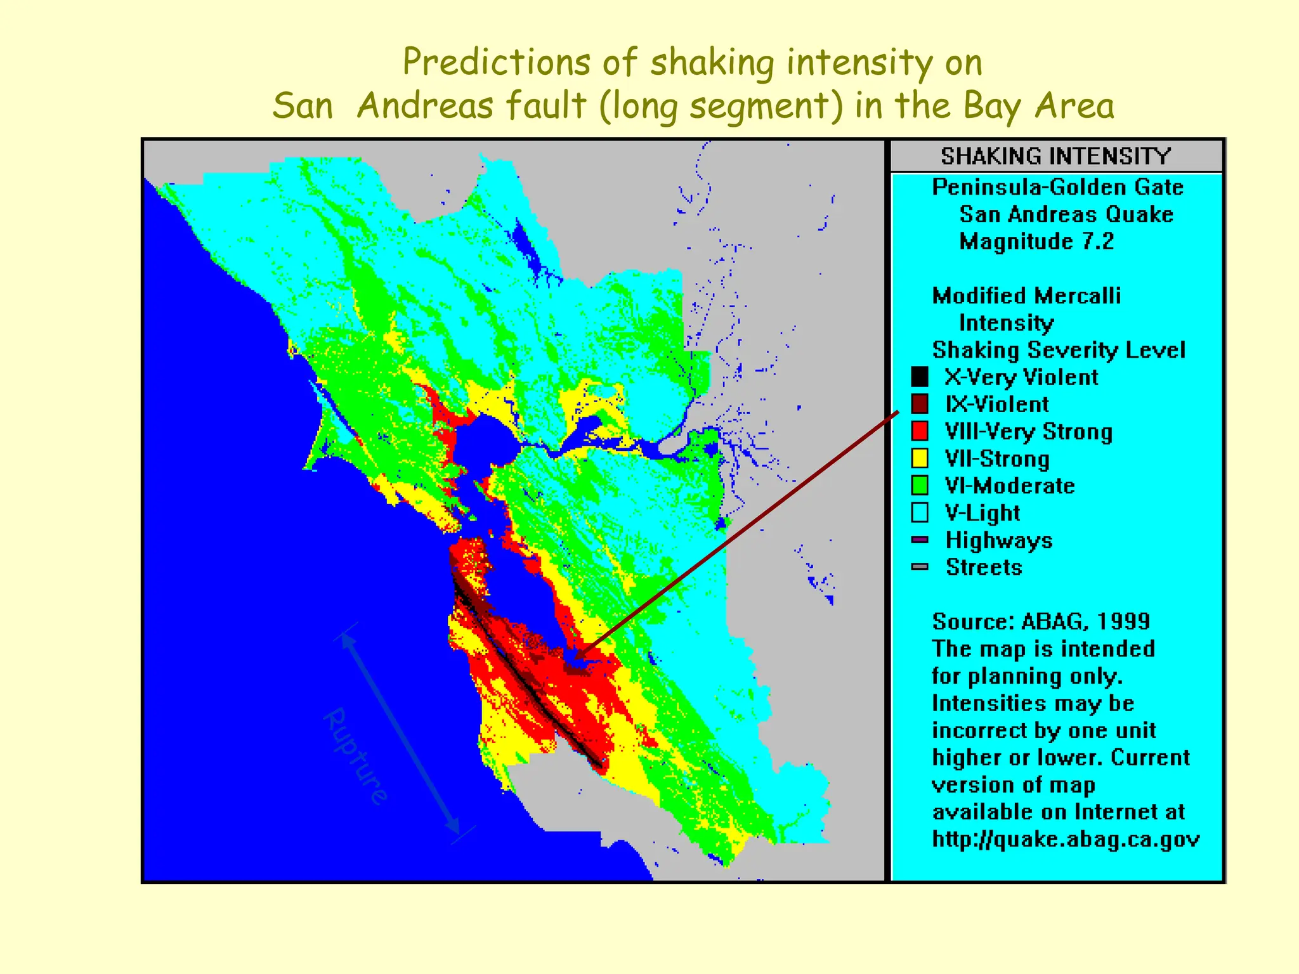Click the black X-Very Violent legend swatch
tap(919, 377)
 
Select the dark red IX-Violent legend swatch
tap(919, 404)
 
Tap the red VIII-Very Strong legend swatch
tap(919, 431)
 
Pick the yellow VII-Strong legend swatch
tap(919, 458)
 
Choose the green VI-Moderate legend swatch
tap(919, 485)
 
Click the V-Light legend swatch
tap(919, 512)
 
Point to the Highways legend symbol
tap(919, 540)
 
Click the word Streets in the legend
tap(984, 567)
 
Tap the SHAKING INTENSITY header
tap(1055, 156)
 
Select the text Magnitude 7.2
tap(1036, 242)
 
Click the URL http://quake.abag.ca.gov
tap(1066, 839)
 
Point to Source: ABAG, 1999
tap(1040, 621)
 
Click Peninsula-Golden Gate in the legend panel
tap(1057, 187)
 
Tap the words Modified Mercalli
tap(1026, 295)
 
